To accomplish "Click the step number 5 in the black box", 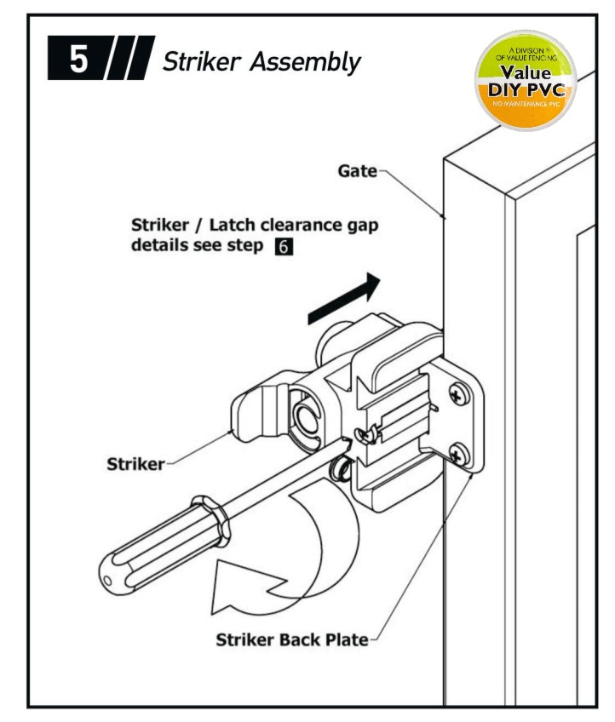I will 77,62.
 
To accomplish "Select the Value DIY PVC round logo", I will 525,80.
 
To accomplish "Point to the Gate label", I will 357,171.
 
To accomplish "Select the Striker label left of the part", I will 135,464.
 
